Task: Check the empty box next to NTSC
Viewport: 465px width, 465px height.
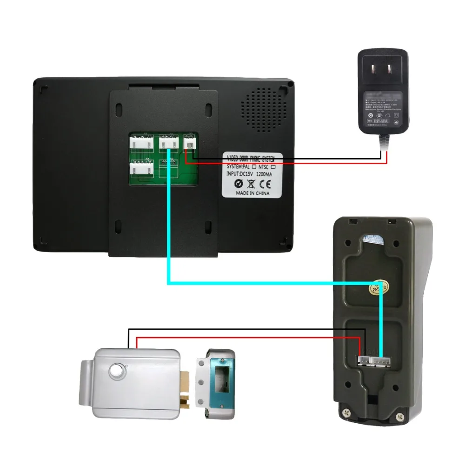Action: coord(273,166)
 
